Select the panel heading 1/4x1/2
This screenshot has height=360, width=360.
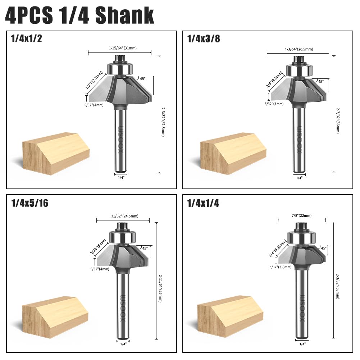(x=27, y=38)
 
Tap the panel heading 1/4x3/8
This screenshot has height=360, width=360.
(x=204, y=38)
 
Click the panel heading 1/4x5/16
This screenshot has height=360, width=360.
(x=30, y=203)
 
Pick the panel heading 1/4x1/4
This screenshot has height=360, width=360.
(x=203, y=203)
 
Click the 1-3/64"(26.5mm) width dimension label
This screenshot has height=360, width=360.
(x=299, y=49)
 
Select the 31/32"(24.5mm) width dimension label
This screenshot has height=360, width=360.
(x=125, y=216)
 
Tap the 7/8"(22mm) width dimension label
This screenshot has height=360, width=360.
(x=301, y=215)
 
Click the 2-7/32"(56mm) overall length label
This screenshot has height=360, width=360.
(x=338, y=121)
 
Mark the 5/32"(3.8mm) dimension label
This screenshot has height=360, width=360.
(x=280, y=267)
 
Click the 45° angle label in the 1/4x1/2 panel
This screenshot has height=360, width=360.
(x=142, y=79)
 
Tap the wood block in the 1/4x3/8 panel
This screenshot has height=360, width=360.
(x=233, y=154)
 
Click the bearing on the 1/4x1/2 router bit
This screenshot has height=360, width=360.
(x=120, y=68)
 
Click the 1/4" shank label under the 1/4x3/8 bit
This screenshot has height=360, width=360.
(x=299, y=178)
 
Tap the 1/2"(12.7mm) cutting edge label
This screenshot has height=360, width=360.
(x=94, y=80)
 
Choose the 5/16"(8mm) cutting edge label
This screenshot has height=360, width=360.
(x=98, y=247)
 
